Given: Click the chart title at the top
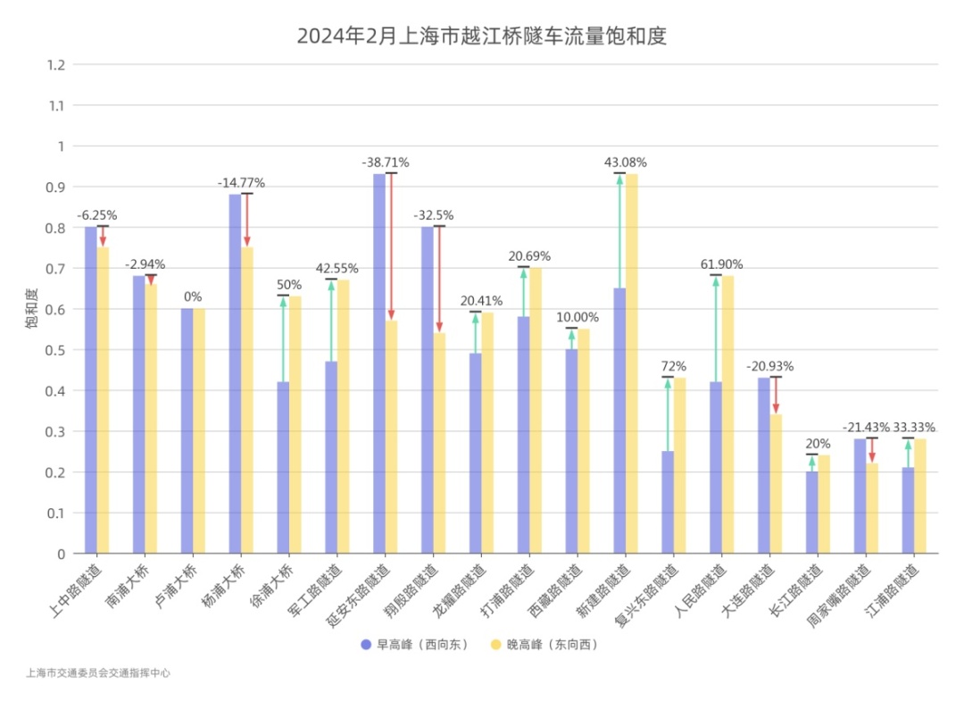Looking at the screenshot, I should point(482,37).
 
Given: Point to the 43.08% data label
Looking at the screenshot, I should point(626,163).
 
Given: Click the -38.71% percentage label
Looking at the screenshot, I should point(386,163).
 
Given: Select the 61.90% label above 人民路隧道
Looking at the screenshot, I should point(722,264).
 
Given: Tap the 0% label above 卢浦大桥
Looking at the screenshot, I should point(193,296).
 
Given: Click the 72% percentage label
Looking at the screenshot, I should point(674,366).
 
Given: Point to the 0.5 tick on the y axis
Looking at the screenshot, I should point(57,350).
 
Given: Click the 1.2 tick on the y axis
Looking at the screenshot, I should point(57,64).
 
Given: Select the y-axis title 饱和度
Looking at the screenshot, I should point(31,309).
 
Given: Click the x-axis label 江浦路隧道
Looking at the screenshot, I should point(898,591).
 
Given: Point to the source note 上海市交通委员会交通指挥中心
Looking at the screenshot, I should point(98,673).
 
